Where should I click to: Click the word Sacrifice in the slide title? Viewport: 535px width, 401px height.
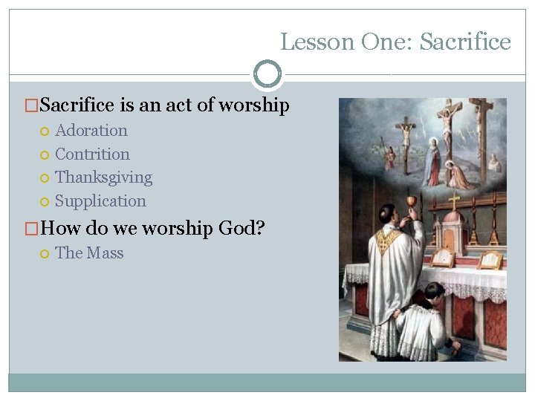pyautogui.click(x=465, y=42)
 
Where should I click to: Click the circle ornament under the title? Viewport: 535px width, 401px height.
pyautogui.click(x=267, y=74)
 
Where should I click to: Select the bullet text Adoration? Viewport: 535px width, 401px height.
pyautogui.click(x=91, y=131)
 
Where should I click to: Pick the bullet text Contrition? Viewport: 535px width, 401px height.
pyautogui.click(x=92, y=154)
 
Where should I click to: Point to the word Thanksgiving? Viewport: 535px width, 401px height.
pyautogui.click(x=103, y=177)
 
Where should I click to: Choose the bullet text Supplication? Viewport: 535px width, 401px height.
pyautogui.click(x=100, y=201)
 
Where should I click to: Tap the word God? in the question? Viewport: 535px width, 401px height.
pyautogui.click(x=241, y=229)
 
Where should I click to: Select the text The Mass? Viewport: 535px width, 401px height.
pyautogui.click(x=89, y=253)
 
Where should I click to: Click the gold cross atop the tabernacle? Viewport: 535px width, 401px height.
pyautogui.click(x=453, y=200)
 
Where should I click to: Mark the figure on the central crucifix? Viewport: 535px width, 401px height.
pyautogui.click(x=447, y=119)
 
